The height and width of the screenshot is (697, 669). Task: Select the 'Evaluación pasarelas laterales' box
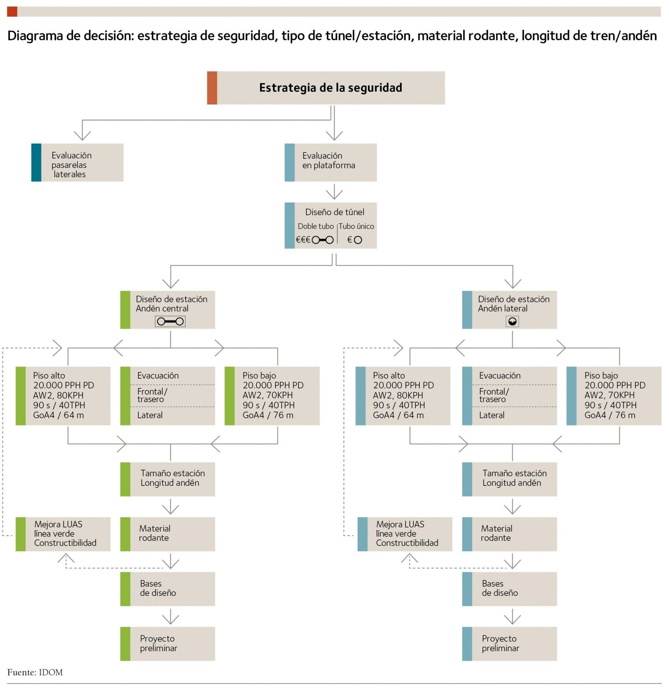[77, 163]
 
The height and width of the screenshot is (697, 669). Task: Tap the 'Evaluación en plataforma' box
[330, 163]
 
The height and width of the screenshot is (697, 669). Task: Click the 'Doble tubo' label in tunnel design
[316, 226]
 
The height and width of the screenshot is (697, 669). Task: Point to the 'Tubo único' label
[356, 226]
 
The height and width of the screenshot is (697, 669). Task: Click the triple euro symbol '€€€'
[303, 240]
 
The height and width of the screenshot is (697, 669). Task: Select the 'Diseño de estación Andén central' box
[168, 310]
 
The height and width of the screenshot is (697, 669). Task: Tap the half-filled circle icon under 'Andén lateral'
[512, 321]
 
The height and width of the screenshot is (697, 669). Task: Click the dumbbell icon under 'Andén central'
[170, 321]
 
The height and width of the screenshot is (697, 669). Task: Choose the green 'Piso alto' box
[63, 396]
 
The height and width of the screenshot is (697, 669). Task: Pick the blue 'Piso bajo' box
[614, 396]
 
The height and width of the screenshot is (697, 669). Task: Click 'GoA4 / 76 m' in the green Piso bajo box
[268, 415]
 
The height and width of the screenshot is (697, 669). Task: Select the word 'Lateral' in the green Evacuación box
[150, 415]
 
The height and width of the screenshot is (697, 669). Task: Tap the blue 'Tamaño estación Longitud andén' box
[509, 479]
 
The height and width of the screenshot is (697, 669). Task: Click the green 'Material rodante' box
[168, 534]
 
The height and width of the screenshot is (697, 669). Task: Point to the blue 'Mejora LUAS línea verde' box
[405, 534]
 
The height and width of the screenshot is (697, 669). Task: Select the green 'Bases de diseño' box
[168, 588]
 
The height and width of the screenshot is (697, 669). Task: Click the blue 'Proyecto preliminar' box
[509, 644]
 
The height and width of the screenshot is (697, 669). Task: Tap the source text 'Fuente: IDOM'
[35, 672]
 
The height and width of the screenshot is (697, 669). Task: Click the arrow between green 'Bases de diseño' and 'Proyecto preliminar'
[171, 616]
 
